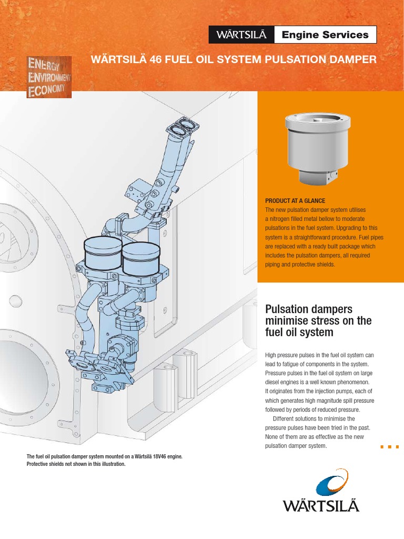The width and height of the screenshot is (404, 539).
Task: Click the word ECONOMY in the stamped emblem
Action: (x=46, y=90)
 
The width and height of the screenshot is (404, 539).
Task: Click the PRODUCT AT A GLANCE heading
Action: (x=295, y=201)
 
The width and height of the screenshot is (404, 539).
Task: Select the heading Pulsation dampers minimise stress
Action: (x=319, y=321)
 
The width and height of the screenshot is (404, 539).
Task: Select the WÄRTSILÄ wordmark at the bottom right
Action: (x=321, y=506)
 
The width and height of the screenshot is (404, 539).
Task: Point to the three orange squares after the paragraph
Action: (x=389, y=447)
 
